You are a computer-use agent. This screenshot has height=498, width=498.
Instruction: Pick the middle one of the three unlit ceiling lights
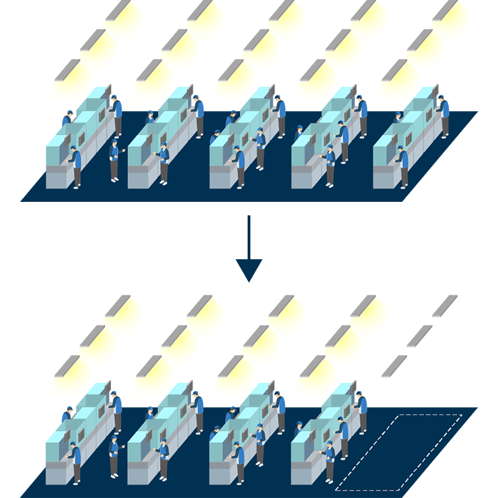click(x=419, y=335)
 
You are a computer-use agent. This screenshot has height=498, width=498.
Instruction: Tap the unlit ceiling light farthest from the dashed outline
click(x=443, y=305)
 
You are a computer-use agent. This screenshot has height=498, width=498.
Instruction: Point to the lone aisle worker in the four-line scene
click(x=114, y=458)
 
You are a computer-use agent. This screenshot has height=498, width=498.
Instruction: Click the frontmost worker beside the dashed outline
click(x=330, y=463)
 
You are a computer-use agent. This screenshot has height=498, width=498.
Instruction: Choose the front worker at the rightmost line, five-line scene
click(x=402, y=166)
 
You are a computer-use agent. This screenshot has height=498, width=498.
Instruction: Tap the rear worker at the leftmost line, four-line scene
click(x=117, y=411)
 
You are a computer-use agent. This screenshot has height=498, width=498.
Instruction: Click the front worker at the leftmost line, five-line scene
click(x=75, y=166)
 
